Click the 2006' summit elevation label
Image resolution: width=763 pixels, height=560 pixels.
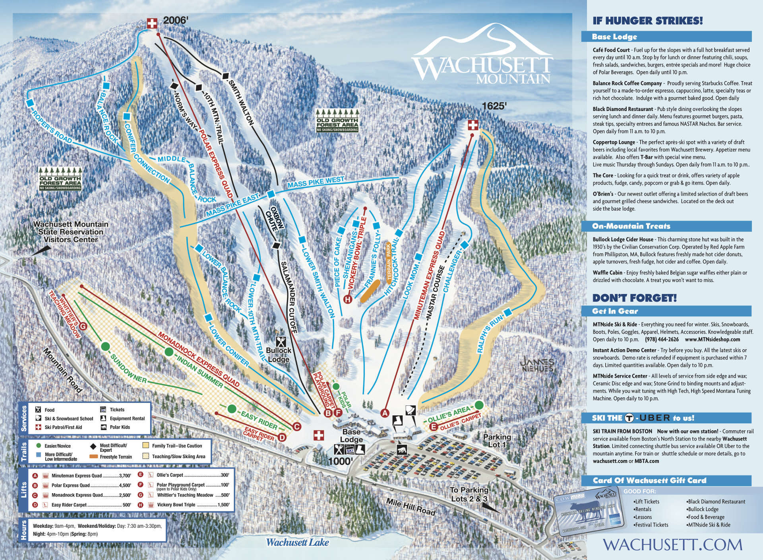175,20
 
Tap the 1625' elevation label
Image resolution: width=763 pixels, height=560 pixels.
495,106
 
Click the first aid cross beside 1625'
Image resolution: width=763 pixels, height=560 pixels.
473,126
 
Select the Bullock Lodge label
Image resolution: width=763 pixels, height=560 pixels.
279,354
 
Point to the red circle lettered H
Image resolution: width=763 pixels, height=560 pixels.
348,299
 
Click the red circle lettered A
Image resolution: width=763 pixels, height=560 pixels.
384,412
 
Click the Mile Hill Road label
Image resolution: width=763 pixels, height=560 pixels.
411,508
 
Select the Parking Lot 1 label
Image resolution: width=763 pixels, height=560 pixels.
497,440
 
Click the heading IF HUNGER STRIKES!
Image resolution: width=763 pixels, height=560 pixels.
647,21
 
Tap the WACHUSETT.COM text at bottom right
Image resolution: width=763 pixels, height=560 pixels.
672,544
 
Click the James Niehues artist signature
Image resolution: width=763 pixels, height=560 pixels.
537,365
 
